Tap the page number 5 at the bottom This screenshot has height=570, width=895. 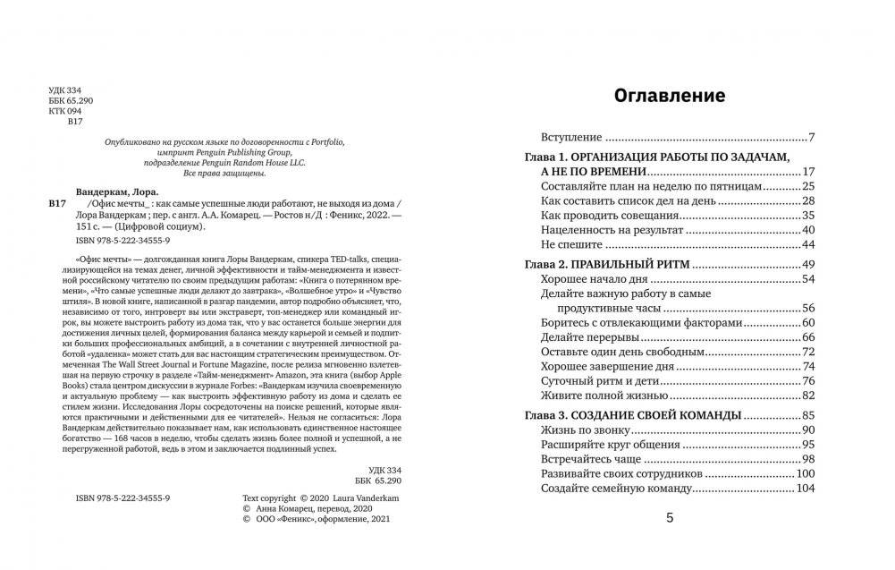point(671,517)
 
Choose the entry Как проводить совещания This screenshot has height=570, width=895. point(608,215)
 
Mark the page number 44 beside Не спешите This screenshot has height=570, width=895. point(808,244)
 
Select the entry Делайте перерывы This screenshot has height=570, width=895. point(589,336)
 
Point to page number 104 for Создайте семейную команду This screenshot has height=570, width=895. point(806,489)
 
